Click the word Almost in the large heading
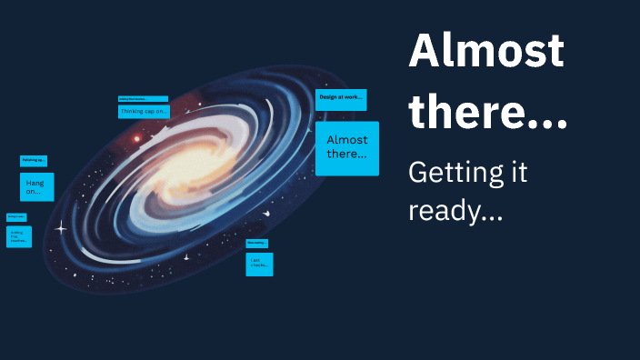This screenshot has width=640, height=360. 485,51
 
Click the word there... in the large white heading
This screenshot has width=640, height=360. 487,113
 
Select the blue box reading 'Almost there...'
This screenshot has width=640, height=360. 347,148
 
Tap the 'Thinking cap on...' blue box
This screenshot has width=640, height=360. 143,111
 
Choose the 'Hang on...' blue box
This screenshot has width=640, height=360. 37,186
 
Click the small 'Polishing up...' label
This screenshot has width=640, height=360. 34,161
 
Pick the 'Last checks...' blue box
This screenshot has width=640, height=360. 259,264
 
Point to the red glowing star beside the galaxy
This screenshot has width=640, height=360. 137,139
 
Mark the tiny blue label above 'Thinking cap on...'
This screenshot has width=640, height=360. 143,98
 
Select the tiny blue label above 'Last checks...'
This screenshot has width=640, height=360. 256,243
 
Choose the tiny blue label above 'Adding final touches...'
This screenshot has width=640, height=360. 16,216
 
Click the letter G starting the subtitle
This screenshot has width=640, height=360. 419,172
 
